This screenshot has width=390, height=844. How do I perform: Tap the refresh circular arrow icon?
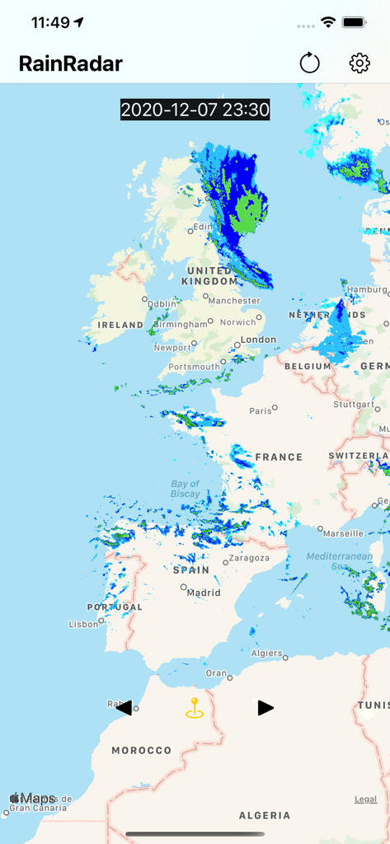click(309, 63)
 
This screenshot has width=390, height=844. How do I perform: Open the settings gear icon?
click(359, 63)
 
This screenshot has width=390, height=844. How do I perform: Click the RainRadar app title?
click(71, 63)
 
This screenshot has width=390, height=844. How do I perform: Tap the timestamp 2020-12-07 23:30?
click(195, 110)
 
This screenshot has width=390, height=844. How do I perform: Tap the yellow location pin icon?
click(195, 708)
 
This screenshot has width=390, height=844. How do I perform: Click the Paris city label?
click(261, 410)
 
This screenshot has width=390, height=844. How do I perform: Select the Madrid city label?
click(203, 592)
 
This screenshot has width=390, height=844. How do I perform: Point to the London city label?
click(258, 340)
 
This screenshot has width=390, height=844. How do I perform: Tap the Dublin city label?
click(162, 303)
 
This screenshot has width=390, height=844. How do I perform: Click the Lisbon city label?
click(84, 624)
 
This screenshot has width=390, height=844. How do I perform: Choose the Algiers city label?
click(266, 653)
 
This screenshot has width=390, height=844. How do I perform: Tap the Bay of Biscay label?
click(186, 489)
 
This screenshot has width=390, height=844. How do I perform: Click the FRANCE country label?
click(279, 457)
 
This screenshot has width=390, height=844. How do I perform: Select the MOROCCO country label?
click(142, 750)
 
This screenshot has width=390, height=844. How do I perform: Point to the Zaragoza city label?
click(249, 558)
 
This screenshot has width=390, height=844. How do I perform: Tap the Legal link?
click(365, 799)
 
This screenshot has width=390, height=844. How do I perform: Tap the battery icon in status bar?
click(354, 22)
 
